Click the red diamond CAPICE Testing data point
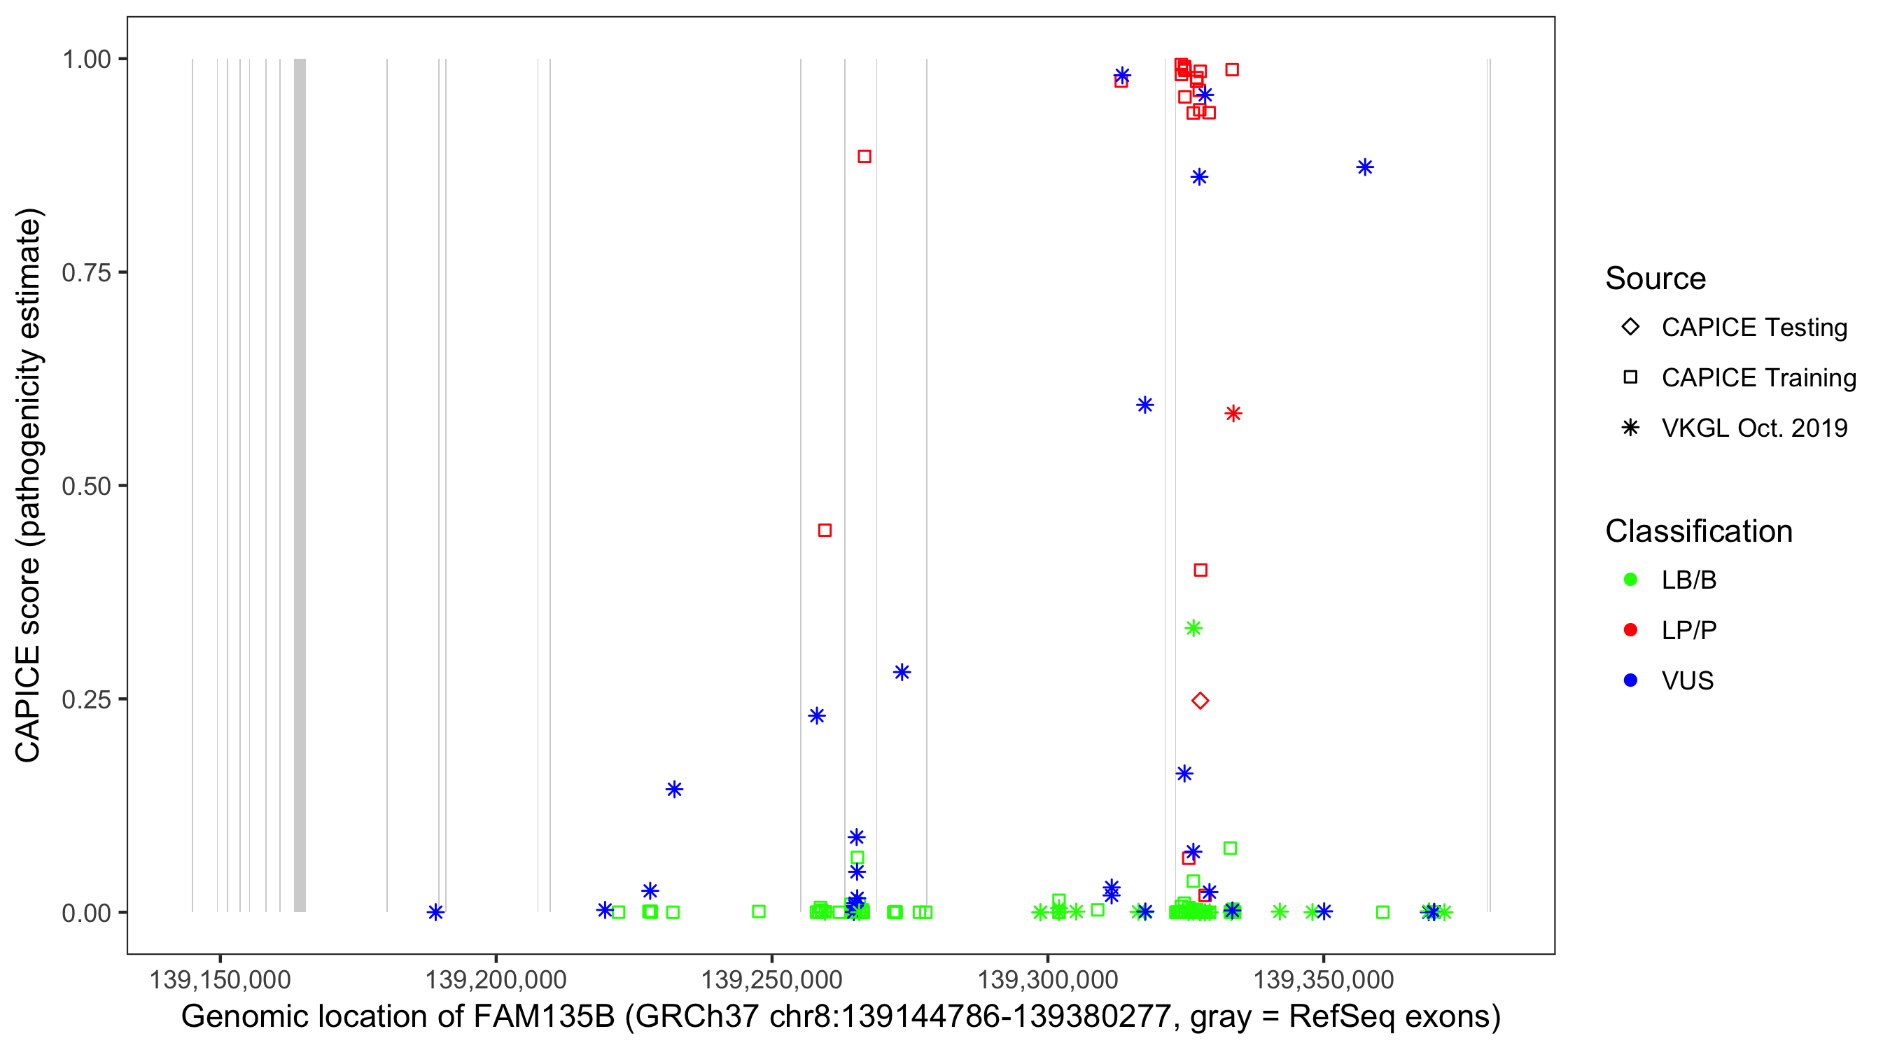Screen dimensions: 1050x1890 (x=1200, y=701)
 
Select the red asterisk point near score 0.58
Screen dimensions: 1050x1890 (x=1233, y=414)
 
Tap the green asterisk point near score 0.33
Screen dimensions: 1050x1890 (x=1193, y=628)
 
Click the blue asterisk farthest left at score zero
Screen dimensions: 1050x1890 (x=436, y=912)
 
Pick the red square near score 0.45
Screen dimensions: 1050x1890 (x=825, y=531)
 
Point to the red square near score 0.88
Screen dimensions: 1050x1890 (x=864, y=156)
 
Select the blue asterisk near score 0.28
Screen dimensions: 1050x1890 (x=902, y=672)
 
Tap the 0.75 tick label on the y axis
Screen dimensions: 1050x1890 (x=86, y=273)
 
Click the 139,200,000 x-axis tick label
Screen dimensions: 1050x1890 (x=496, y=979)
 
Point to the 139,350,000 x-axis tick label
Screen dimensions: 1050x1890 (x=1324, y=979)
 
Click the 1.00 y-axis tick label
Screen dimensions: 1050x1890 (x=86, y=59)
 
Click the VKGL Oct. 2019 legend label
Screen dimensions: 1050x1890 (x=1754, y=428)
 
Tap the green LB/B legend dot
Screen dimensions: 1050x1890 (x=1630, y=580)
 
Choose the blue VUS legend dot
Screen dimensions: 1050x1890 (x=1630, y=680)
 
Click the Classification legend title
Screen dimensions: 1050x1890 (x=1698, y=531)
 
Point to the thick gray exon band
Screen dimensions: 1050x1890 (x=300, y=484)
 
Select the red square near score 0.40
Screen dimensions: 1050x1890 (x=1200, y=570)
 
